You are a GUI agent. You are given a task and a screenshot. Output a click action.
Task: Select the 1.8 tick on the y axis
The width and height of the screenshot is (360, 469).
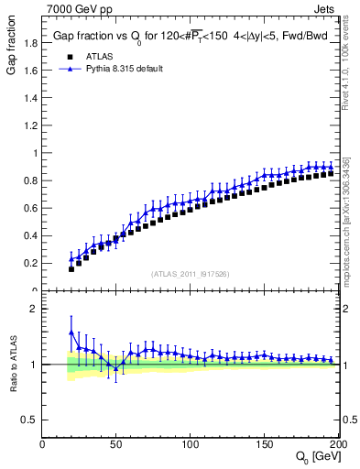(31, 43)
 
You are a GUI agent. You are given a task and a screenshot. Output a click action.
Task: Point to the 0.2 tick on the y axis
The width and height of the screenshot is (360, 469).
(31, 263)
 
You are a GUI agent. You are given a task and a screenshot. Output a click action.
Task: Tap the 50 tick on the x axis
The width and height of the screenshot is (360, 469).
(116, 443)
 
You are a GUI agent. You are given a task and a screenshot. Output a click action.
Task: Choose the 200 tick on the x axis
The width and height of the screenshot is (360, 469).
(339, 443)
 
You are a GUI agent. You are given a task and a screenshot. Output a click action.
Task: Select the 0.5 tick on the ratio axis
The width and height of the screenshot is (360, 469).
(31, 420)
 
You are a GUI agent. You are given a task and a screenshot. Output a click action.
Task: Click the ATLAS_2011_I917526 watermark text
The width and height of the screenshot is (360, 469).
(191, 274)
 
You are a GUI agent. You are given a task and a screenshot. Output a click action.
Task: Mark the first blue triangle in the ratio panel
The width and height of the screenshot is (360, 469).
(71, 333)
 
